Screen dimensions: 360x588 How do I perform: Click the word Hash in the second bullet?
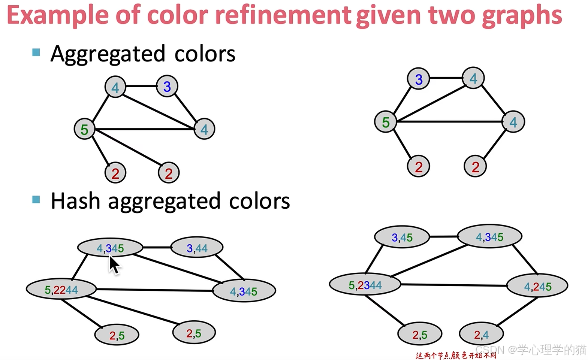click(75, 201)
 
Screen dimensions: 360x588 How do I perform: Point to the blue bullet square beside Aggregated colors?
click(36, 52)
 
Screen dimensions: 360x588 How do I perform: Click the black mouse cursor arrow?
click(114, 265)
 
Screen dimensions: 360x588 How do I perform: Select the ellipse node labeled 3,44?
click(197, 247)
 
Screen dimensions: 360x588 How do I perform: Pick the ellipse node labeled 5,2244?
click(61, 289)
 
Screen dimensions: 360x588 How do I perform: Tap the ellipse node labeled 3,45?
click(402, 237)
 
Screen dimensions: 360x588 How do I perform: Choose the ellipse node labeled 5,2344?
click(365, 285)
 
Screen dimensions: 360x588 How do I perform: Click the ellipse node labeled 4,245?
click(537, 286)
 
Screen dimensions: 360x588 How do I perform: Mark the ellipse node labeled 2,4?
click(481, 334)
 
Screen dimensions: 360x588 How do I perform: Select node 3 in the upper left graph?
click(167, 87)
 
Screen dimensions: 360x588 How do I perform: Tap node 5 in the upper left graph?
click(84, 129)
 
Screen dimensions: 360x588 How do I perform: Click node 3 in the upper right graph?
click(419, 79)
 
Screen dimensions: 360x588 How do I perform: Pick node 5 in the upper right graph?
click(386, 122)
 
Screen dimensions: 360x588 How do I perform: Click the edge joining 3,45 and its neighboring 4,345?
click(444, 237)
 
